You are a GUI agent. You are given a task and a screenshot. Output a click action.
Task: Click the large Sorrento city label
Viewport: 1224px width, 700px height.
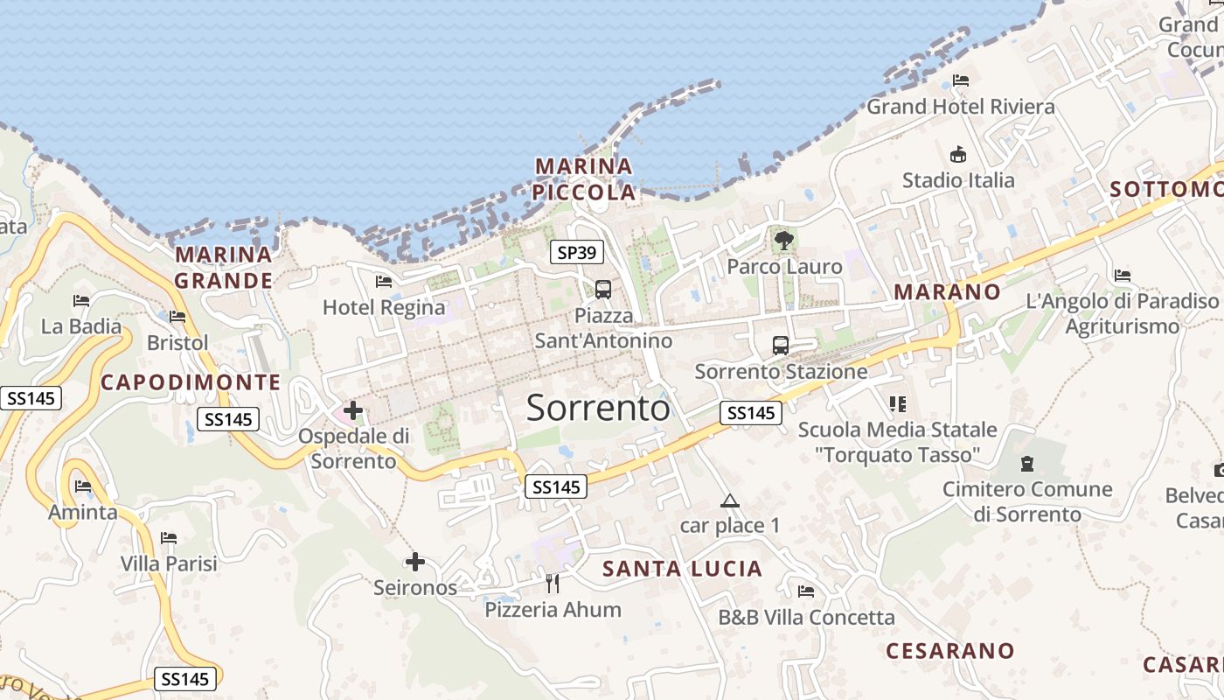click(x=598, y=409)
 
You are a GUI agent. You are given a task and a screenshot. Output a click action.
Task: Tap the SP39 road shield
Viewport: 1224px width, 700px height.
click(x=577, y=253)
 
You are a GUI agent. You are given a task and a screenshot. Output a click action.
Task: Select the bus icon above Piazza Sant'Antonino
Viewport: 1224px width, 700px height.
click(x=602, y=290)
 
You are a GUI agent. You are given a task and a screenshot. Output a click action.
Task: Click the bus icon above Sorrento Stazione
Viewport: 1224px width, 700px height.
click(x=781, y=346)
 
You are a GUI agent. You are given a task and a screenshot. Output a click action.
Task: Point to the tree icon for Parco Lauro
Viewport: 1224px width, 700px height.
click(x=784, y=240)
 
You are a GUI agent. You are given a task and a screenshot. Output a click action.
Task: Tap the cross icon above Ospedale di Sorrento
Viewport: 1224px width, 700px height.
click(x=353, y=409)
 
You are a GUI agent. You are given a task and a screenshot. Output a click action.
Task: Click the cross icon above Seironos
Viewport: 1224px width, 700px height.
click(x=415, y=562)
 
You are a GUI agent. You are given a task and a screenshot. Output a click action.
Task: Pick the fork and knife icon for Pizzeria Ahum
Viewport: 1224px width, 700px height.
click(x=553, y=583)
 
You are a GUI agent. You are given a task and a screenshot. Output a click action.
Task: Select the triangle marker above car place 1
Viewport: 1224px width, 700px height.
click(x=729, y=501)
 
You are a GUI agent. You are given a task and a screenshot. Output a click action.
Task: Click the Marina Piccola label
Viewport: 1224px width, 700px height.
click(x=584, y=178)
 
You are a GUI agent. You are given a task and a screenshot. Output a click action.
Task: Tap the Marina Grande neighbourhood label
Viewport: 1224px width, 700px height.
click(x=223, y=267)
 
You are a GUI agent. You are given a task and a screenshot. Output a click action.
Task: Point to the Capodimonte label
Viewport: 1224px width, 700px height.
click(x=191, y=382)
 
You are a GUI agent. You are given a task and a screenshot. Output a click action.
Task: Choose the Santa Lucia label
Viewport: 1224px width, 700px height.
click(x=682, y=569)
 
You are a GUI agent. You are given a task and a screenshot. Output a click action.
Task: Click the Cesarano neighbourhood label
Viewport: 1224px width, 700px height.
click(x=949, y=651)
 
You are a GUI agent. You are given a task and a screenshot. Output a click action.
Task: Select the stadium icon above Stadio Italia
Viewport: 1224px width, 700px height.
click(x=958, y=155)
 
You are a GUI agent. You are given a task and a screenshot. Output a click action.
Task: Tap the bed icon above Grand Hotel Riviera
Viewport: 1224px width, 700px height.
click(x=961, y=80)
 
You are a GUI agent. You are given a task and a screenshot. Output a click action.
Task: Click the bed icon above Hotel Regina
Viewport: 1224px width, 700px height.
click(x=383, y=282)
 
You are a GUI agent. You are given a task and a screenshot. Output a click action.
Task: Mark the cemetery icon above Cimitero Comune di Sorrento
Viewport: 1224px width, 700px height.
click(x=1026, y=463)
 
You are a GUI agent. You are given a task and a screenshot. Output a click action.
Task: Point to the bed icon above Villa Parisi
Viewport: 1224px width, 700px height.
click(x=169, y=537)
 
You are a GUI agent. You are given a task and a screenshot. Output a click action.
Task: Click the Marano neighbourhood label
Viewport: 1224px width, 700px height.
click(x=947, y=292)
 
